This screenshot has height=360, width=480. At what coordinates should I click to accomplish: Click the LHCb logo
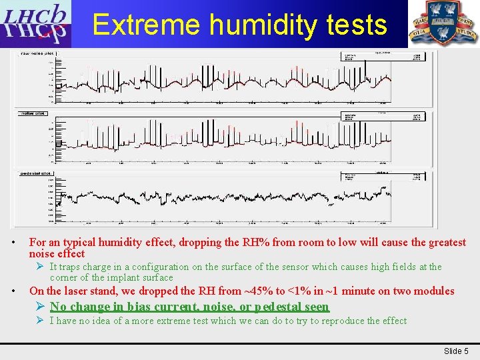pos(35,24)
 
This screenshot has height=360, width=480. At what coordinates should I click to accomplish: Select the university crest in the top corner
pos(443,23)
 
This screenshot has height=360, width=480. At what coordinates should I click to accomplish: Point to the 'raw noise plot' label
pos(38,53)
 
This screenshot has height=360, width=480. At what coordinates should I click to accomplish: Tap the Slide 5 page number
pos(457,351)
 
